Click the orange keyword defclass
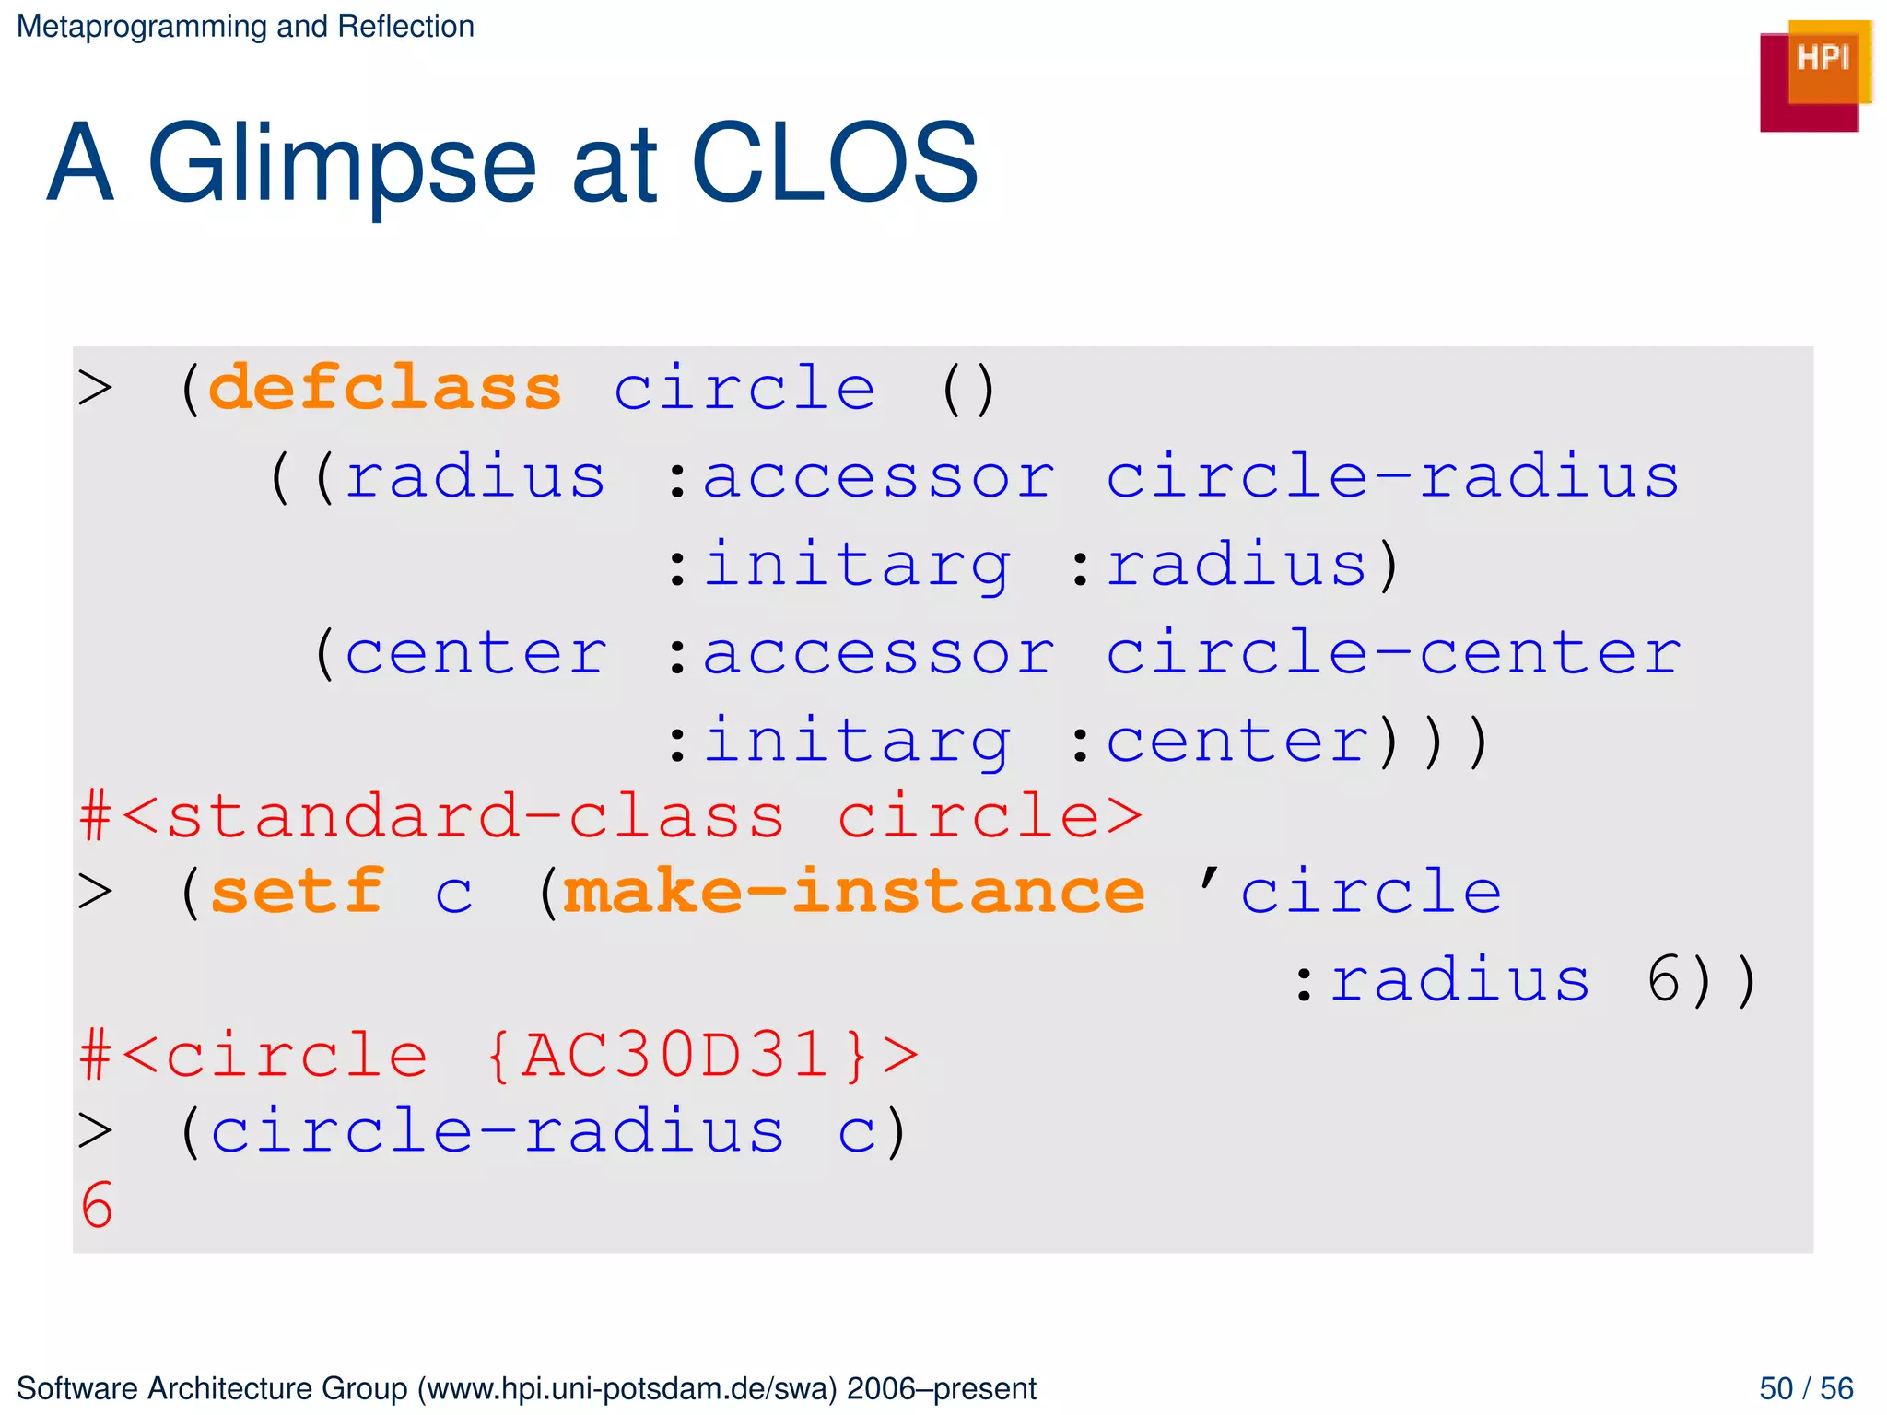coord(385,388)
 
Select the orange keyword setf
coord(297,892)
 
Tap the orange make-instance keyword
coord(853,892)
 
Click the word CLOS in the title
coord(834,164)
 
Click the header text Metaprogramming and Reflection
coord(245,27)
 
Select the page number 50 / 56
coord(1806,1387)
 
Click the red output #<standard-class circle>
coord(611,816)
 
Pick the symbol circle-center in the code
coord(1393,653)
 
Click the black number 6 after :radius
coord(1665,979)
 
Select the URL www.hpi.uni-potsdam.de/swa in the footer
coord(627,1388)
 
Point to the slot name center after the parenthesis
coord(475,653)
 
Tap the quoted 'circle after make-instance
coord(1350,892)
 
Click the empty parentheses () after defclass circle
coord(967,389)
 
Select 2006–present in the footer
coord(942,1388)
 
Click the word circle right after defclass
coord(744,388)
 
